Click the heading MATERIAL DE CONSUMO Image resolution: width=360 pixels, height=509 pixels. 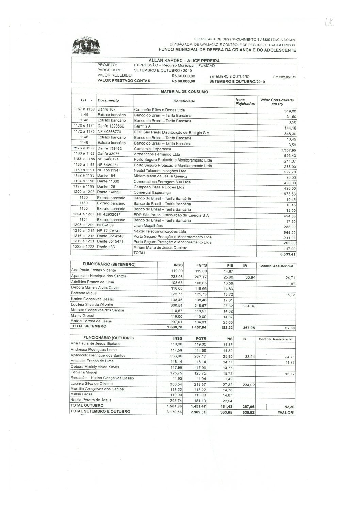click(184, 92)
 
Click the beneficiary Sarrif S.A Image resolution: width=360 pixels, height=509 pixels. click(142, 126)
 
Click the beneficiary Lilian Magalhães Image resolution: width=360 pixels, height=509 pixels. click(148, 226)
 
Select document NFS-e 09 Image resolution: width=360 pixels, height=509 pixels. click(105, 225)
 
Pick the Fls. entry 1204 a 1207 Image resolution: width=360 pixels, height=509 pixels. click(83, 215)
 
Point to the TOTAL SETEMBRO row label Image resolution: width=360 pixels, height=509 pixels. click(88, 326)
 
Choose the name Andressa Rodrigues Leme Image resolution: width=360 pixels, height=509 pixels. click(94, 350)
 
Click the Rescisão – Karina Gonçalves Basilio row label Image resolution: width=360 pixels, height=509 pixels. click(102, 378)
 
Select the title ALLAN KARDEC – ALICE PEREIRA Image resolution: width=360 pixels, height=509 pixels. click(184, 61)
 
